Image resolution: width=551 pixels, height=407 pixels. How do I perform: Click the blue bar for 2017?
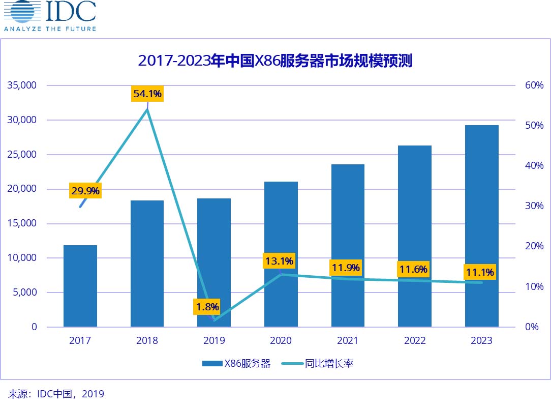pyautogui.click(x=80, y=286)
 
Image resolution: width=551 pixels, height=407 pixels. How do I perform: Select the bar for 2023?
pyautogui.click(x=481, y=226)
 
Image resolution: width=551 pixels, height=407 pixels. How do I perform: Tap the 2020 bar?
pyautogui.click(x=281, y=254)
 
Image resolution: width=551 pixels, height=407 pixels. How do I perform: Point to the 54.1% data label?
pyautogui.click(x=147, y=94)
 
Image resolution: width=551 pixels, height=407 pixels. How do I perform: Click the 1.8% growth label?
pyautogui.click(x=208, y=307)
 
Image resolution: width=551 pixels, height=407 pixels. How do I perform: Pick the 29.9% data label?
pyautogui.click(x=85, y=191)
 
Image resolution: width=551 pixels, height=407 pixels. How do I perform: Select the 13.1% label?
pyautogui.click(x=279, y=261)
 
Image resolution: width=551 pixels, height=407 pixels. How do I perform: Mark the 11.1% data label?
pyautogui.click(x=480, y=272)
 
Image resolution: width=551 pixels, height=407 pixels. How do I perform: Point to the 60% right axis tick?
pyautogui.click(x=534, y=85)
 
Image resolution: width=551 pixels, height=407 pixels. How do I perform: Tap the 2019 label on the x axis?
pyautogui.click(x=214, y=341)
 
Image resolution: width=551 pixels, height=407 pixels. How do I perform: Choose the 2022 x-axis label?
pyautogui.click(x=415, y=341)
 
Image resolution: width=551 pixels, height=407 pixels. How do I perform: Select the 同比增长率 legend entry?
pyautogui.click(x=316, y=364)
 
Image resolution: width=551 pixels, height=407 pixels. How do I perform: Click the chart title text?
pyautogui.click(x=275, y=61)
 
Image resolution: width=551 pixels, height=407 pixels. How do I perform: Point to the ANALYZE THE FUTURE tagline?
pyautogui.click(x=50, y=28)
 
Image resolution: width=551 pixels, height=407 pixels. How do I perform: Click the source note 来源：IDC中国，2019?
pyautogui.click(x=56, y=394)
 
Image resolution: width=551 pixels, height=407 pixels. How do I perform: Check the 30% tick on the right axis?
pyautogui.click(x=534, y=206)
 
